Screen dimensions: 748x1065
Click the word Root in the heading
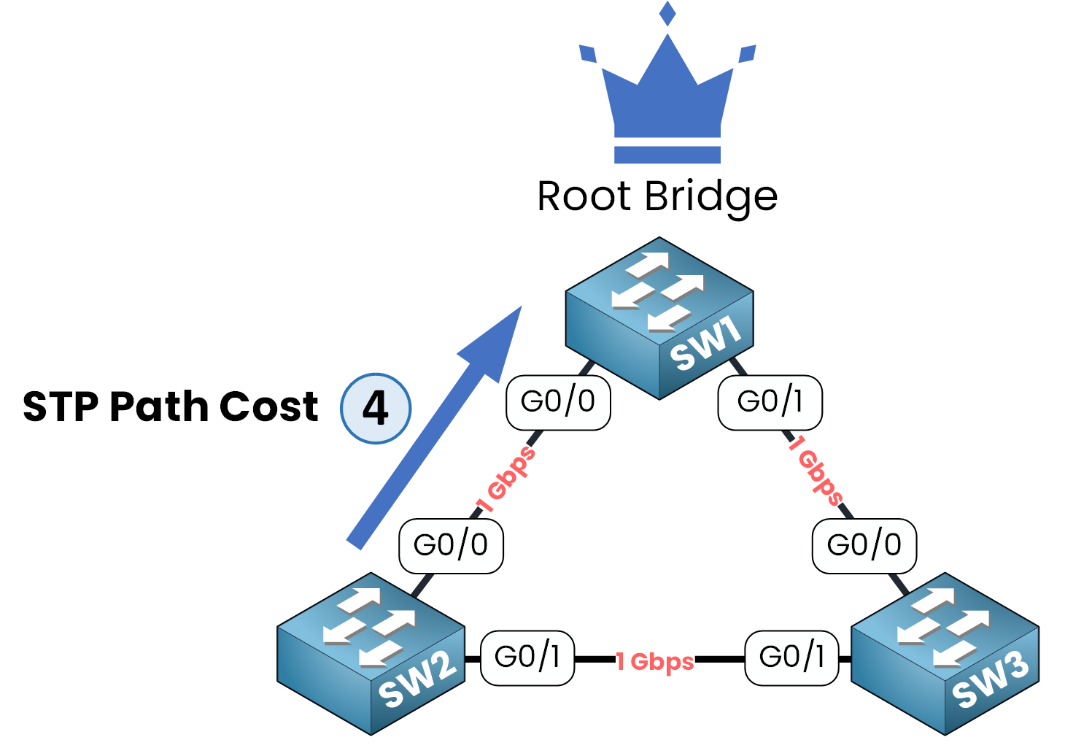[584, 196]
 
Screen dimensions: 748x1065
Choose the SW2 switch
[371, 653]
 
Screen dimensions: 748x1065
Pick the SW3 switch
[945, 653]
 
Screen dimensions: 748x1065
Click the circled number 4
[376, 409]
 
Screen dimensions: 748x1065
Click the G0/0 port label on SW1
[558, 402]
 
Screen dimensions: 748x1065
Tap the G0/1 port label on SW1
[770, 402]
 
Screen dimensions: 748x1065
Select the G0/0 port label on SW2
[451, 545]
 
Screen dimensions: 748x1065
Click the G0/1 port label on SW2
[527, 658]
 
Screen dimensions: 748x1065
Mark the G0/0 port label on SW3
[864, 545]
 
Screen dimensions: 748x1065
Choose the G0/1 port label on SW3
[792, 658]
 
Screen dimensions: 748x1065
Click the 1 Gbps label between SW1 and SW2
[506, 480]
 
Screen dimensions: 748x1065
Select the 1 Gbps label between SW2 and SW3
[655, 661]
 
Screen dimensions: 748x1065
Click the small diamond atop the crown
[667, 13]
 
